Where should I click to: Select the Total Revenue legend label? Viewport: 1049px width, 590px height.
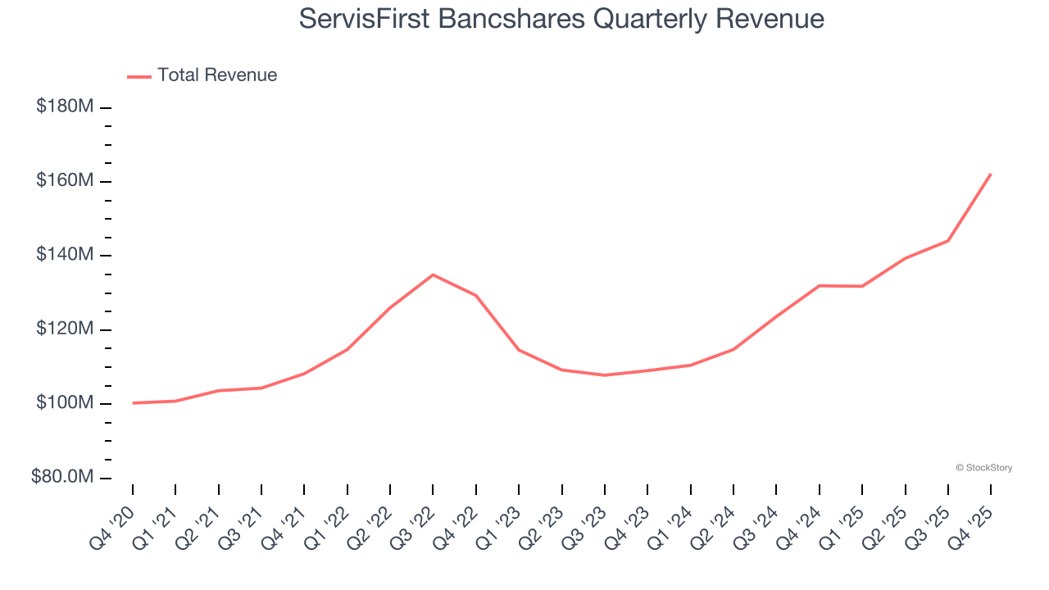pyautogui.click(x=217, y=75)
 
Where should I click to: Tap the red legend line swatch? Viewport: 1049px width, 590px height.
pyautogui.click(x=139, y=76)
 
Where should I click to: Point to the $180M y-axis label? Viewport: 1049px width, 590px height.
pyautogui.click(x=65, y=107)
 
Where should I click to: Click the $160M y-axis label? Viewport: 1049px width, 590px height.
pyautogui.click(x=65, y=180)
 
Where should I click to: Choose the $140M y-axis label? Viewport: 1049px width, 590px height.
pyautogui.click(x=65, y=255)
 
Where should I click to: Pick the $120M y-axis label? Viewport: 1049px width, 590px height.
pyautogui.click(x=65, y=329)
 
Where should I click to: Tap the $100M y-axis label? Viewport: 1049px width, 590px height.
pyautogui.click(x=65, y=403)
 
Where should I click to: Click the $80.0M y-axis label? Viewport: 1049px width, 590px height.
pyautogui.click(x=62, y=477)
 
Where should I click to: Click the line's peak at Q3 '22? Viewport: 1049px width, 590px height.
pyautogui.click(x=433, y=275)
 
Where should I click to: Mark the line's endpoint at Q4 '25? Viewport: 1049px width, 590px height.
pyautogui.click(x=991, y=174)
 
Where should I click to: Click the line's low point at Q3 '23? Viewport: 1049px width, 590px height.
pyautogui.click(x=604, y=375)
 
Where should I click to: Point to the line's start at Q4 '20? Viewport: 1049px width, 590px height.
pyautogui.click(x=133, y=403)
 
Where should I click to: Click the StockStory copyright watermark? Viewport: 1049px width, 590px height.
pyautogui.click(x=983, y=468)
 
